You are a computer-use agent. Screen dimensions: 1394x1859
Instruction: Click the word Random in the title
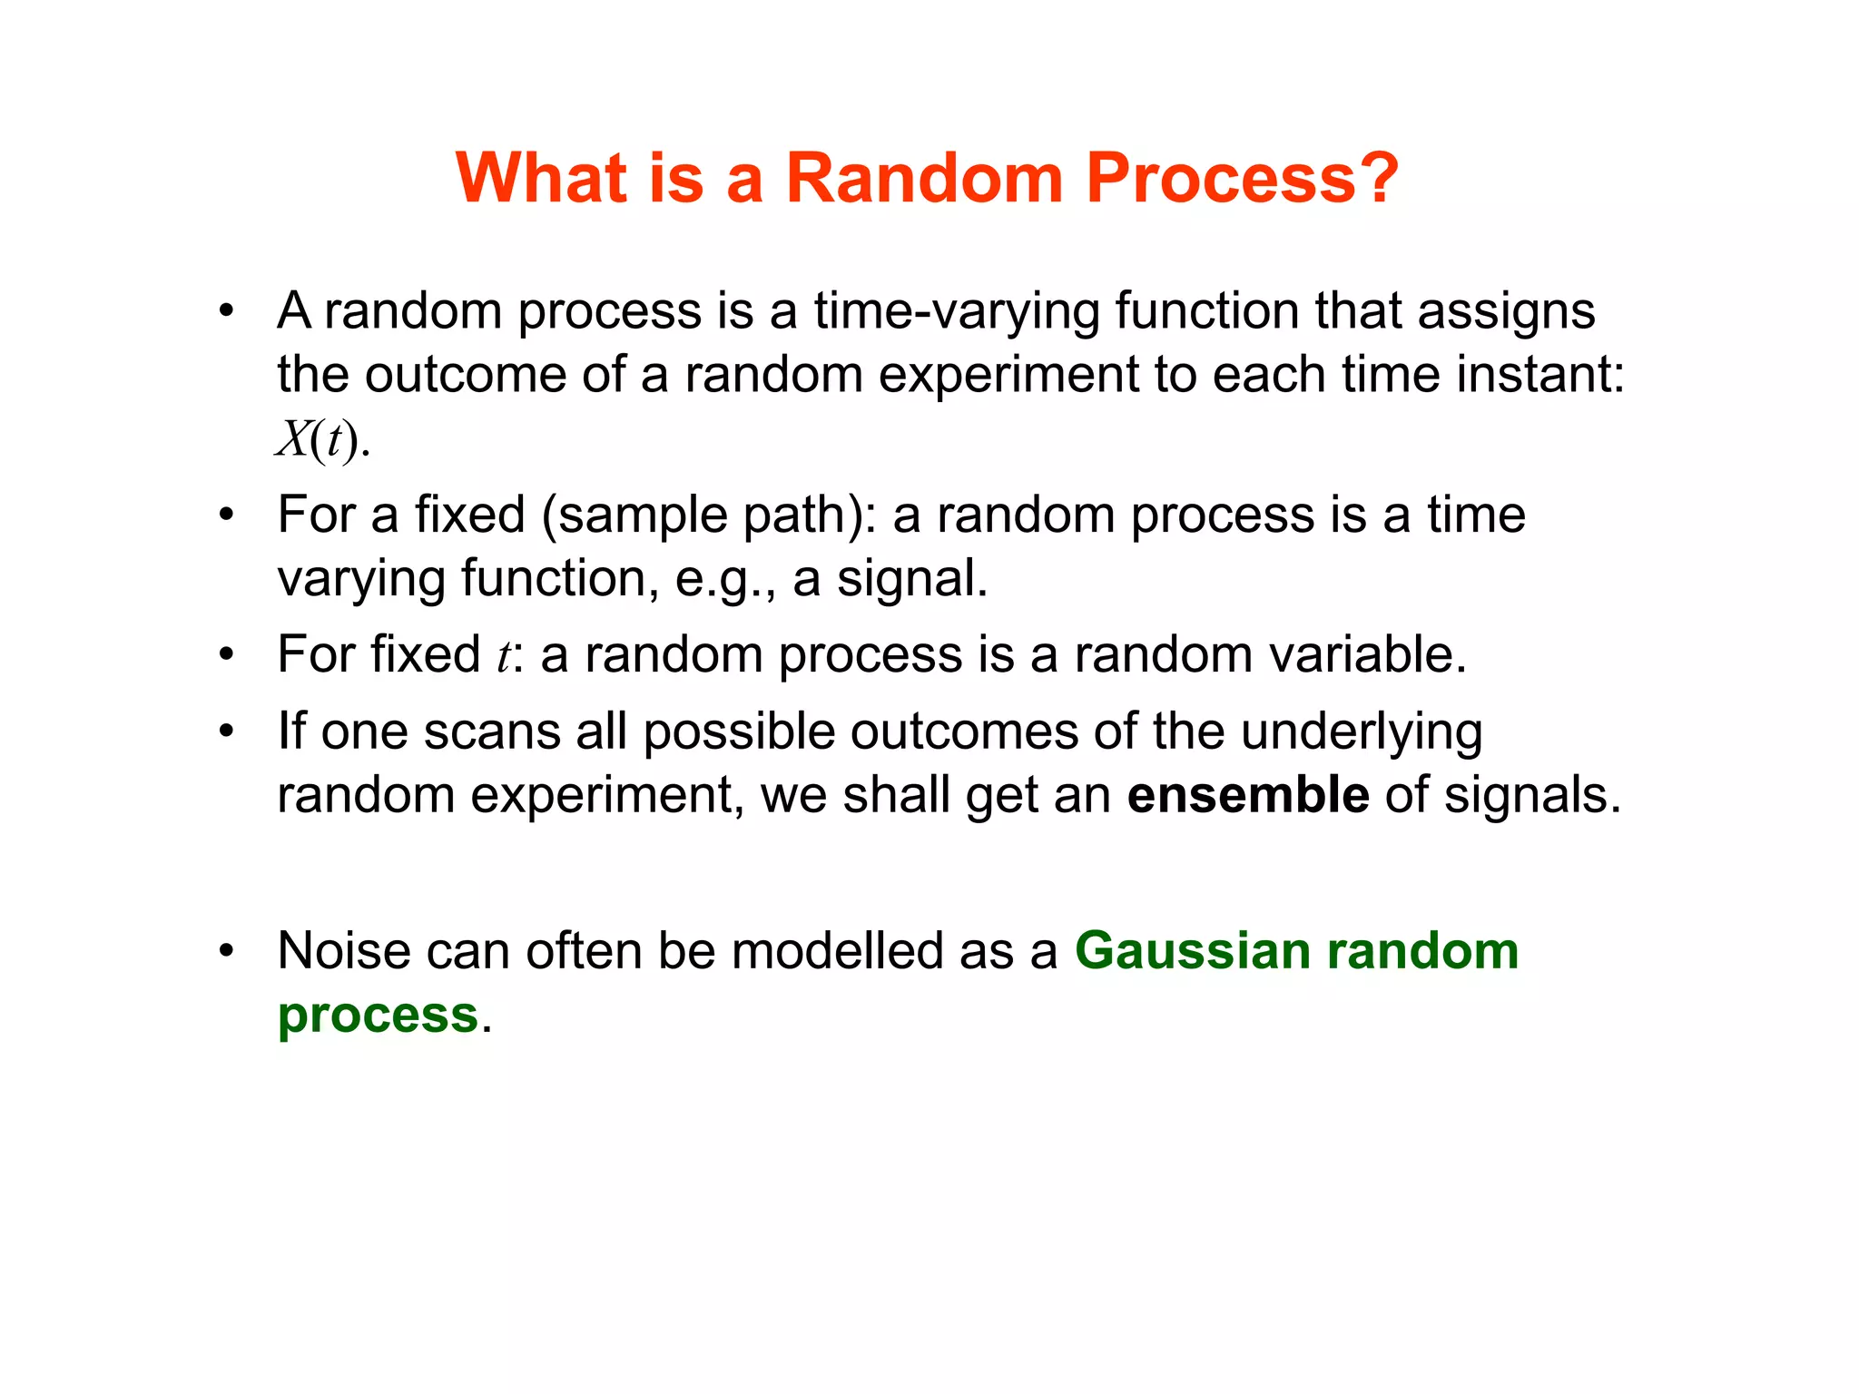point(923,177)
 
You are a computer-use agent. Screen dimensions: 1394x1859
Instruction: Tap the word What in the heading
point(541,177)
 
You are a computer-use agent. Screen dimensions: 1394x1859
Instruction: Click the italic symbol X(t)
point(320,440)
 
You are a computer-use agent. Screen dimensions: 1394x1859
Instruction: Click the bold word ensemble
point(1247,795)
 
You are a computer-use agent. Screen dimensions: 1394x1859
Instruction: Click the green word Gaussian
point(1192,951)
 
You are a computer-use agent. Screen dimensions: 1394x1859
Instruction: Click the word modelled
point(837,951)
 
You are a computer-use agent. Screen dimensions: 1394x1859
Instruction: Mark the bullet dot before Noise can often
point(226,951)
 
